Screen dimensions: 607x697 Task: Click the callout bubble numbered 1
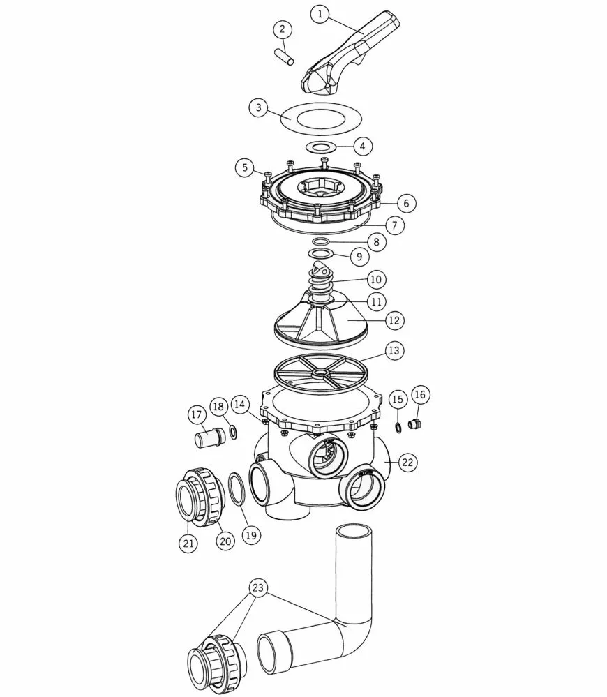pyautogui.click(x=320, y=14)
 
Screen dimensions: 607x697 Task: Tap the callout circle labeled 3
pyautogui.click(x=259, y=107)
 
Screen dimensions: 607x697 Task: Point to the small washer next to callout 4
pyautogui.click(x=320, y=147)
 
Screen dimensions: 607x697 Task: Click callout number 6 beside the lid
pyautogui.click(x=406, y=203)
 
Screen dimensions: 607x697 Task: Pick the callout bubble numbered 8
pyautogui.click(x=377, y=242)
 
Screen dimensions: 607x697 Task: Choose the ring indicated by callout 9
pyautogui.click(x=321, y=253)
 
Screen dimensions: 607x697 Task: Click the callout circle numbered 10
pyautogui.click(x=376, y=280)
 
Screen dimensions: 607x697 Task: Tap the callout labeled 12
pyautogui.click(x=394, y=320)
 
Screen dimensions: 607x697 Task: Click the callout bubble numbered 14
pyautogui.click(x=239, y=405)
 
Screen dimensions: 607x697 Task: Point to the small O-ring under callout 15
pyautogui.click(x=398, y=428)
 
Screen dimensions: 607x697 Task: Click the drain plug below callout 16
pyautogui.click(x=414, y=424)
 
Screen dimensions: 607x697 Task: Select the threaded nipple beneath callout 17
pyautogui.click(x=210, y=437)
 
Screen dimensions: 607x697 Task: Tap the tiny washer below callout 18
pyautogui.click(x=232, y=431)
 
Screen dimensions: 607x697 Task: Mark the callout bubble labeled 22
pyautogui.click(x=407, y=463)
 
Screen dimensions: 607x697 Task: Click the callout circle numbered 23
pyautogui.click(x=258, y=587)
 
